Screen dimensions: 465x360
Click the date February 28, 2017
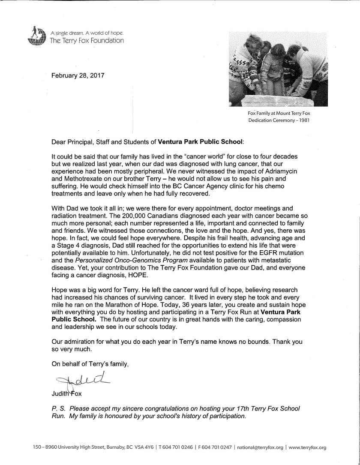(x=78, y=76)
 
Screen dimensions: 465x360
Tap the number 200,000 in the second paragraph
(x=132, y=216)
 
